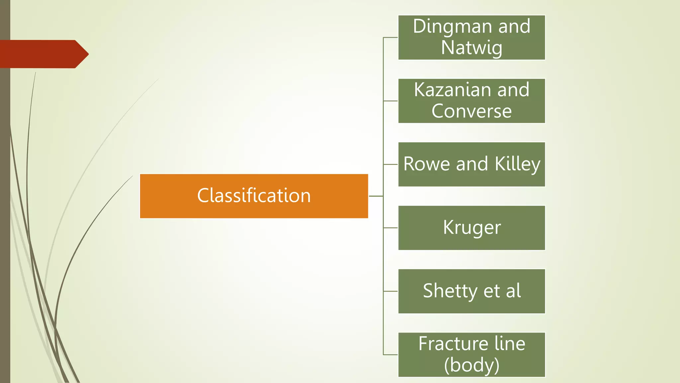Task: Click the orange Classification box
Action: pos(254,196)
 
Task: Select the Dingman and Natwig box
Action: pos(471,37)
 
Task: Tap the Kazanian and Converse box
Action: pos(471,101)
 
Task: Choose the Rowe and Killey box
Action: pos(471,164)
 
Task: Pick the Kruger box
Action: pos(471,228)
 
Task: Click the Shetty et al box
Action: pos(471,291)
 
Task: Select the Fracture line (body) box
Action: pos(471,354)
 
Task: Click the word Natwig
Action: pos(471,48)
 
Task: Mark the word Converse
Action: pos(471,111)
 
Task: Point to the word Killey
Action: pos(517,164)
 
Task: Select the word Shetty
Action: pos(450,291)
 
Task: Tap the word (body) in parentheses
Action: pos(471,365)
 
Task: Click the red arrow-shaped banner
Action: pos(43,54)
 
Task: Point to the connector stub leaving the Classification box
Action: pos(376,196)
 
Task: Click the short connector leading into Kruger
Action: pos(391,228)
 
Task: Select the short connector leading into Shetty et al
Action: pos(391,291)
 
